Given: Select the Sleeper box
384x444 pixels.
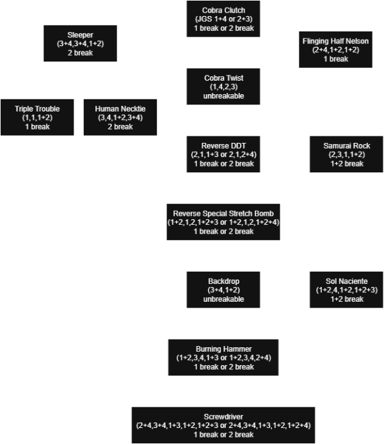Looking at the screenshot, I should pos(80,44).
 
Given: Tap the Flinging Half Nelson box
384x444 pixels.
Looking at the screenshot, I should pos(335,49).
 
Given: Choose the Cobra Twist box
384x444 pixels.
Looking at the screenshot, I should pos(223,87).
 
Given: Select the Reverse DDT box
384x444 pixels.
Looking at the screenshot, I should pos(223,154).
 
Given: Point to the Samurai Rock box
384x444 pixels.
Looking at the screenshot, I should pos(346,154).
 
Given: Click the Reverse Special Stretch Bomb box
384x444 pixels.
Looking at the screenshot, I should pos(223,222).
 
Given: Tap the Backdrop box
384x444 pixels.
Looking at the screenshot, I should pos(223,289).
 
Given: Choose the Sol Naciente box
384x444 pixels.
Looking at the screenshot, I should pos(346,289).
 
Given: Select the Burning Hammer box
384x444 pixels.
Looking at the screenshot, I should pos(223,357).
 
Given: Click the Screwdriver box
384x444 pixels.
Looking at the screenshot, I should pos(223,425).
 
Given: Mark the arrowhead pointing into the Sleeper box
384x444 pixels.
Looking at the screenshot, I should pos(122,44).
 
